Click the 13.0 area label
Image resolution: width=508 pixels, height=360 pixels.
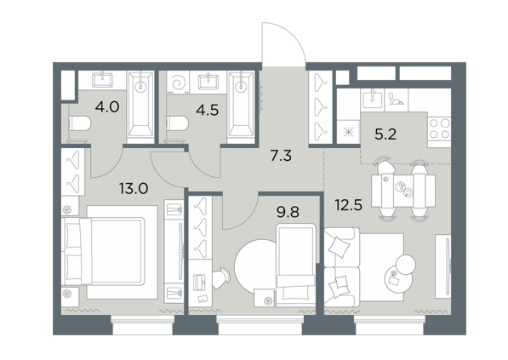(134, 188)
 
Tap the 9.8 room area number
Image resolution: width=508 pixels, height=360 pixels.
(288, 212)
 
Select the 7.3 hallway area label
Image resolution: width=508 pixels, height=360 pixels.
(281, 156)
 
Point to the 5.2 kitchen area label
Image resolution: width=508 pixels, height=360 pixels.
(385, 134)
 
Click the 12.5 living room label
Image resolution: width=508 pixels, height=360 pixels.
(349, 205)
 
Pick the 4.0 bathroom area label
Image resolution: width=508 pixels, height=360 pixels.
(107, 106)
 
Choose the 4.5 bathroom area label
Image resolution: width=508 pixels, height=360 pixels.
(208, 110)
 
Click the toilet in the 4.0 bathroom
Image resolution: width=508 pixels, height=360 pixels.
(80, 123)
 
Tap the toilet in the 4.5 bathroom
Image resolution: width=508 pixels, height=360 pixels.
(178, 123)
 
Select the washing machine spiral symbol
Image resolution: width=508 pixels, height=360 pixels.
(178, 83)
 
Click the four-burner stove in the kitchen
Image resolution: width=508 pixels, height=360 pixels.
(440, 129)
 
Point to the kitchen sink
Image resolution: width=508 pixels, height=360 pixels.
(372, 99)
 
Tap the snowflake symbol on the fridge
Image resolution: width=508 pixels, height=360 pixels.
(349, 133)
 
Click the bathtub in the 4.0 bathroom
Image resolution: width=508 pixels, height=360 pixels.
(140, 107)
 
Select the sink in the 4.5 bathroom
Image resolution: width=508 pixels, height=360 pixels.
(208, 81)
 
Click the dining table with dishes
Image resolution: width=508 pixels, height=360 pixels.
(403, 191)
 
